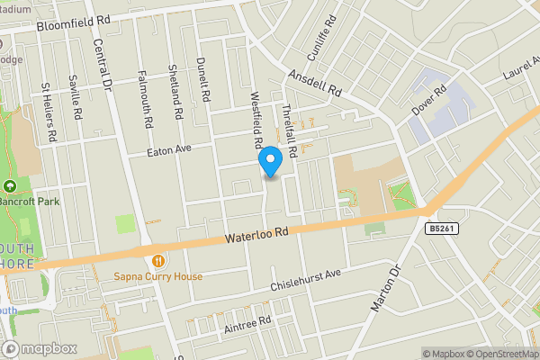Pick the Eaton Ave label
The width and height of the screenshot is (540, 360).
171,150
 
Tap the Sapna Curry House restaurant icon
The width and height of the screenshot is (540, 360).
158,260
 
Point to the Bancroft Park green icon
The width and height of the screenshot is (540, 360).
10,186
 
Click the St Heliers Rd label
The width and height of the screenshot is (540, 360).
50,112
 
